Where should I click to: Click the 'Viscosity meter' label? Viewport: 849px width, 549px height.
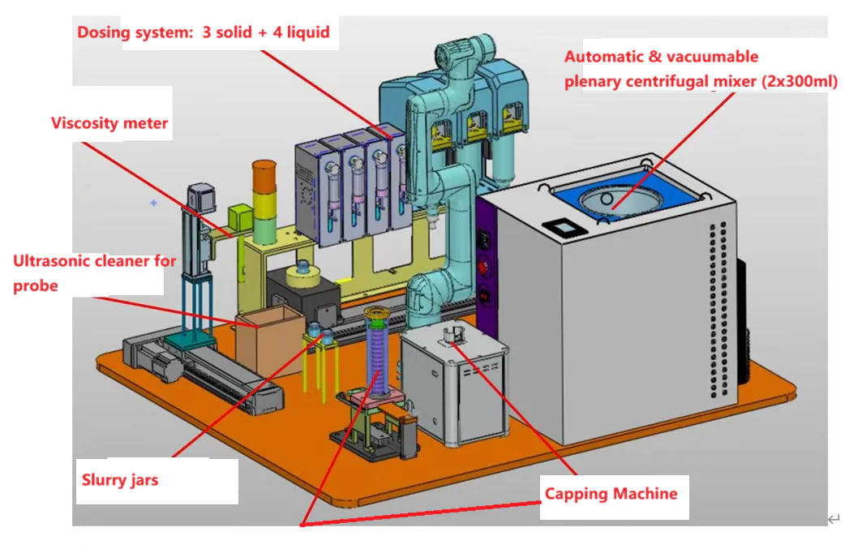click(x=109, y=123)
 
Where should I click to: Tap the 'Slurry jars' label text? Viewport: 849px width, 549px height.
click(x=120, y=480)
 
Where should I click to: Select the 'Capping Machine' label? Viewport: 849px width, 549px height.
click(x=611, y=494)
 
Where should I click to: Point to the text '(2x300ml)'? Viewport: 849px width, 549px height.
click(x=800, y=81)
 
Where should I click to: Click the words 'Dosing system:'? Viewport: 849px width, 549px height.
click(x=135, y=32)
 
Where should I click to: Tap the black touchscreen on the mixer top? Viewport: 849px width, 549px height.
click(x=564, y=227)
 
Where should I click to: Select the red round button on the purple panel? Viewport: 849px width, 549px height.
click(x=483, y=266)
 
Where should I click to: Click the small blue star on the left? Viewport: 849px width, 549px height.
click(x=154, y=203)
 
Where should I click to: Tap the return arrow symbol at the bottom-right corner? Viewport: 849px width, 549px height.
click(x=834, y=519)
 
